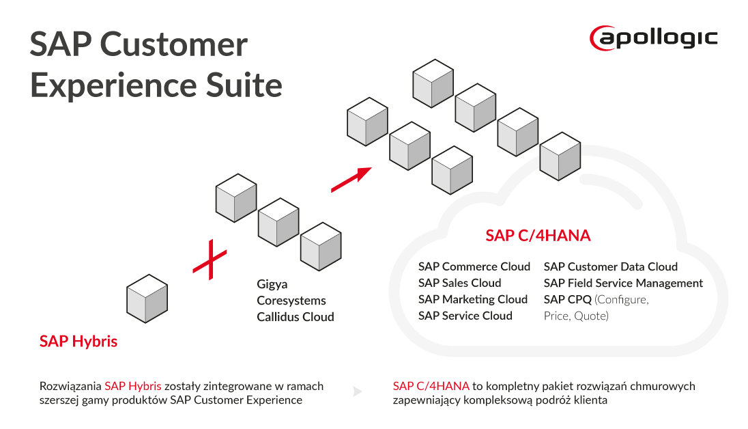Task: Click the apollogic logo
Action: (654, 37)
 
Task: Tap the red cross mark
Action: (210, 260)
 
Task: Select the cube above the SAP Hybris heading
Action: (147, 298)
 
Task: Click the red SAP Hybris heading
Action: (78, 342)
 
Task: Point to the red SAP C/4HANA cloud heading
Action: (538, 236)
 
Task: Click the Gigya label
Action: (272, 284)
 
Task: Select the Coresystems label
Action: (291, 301)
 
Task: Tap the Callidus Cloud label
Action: (296, 317)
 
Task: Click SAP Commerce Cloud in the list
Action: (474, 266)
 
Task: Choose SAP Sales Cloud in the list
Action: (459, 283)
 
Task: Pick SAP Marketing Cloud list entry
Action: (472, 299)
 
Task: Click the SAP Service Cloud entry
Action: (465, 316)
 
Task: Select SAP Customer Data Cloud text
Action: (610, 266)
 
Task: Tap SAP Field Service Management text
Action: (623, 283)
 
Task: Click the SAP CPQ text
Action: (568, 299)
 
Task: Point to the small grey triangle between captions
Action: (357, 392)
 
